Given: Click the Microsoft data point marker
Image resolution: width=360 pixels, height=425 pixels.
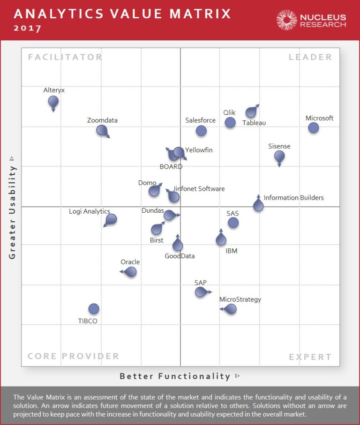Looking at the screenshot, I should (313, 127).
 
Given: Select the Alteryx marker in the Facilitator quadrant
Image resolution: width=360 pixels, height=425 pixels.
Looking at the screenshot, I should (53, 101).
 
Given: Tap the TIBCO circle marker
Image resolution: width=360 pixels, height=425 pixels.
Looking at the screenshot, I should (94, 308).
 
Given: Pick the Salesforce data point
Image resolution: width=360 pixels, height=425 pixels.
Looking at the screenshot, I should (201, 131).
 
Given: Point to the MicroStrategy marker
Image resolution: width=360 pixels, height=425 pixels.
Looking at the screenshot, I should (230, 309).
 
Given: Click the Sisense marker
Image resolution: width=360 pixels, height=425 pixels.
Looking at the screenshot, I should (279, 156).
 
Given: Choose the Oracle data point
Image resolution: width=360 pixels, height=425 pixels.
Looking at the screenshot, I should (131, 271).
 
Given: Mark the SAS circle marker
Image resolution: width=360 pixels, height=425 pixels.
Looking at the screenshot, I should (233, 223).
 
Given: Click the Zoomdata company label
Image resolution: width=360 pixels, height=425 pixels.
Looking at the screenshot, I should (102, 120).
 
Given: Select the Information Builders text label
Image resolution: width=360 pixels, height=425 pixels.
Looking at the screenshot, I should (293, 198).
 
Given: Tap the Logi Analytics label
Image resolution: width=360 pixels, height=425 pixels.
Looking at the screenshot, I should (90, 211).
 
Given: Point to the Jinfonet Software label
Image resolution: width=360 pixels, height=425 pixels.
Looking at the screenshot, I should (199, 189).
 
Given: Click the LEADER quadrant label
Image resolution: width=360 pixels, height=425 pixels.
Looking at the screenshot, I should (310, 57).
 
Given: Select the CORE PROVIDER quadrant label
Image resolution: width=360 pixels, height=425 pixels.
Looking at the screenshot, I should (74, 356).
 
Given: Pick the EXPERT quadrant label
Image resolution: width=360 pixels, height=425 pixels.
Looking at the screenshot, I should (310, 357).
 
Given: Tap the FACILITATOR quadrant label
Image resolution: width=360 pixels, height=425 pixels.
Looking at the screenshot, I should (65, 57).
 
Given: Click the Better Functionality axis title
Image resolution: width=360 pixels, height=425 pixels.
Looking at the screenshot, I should (175, 376).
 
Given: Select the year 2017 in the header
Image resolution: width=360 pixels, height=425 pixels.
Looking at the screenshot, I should (28, 28).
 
